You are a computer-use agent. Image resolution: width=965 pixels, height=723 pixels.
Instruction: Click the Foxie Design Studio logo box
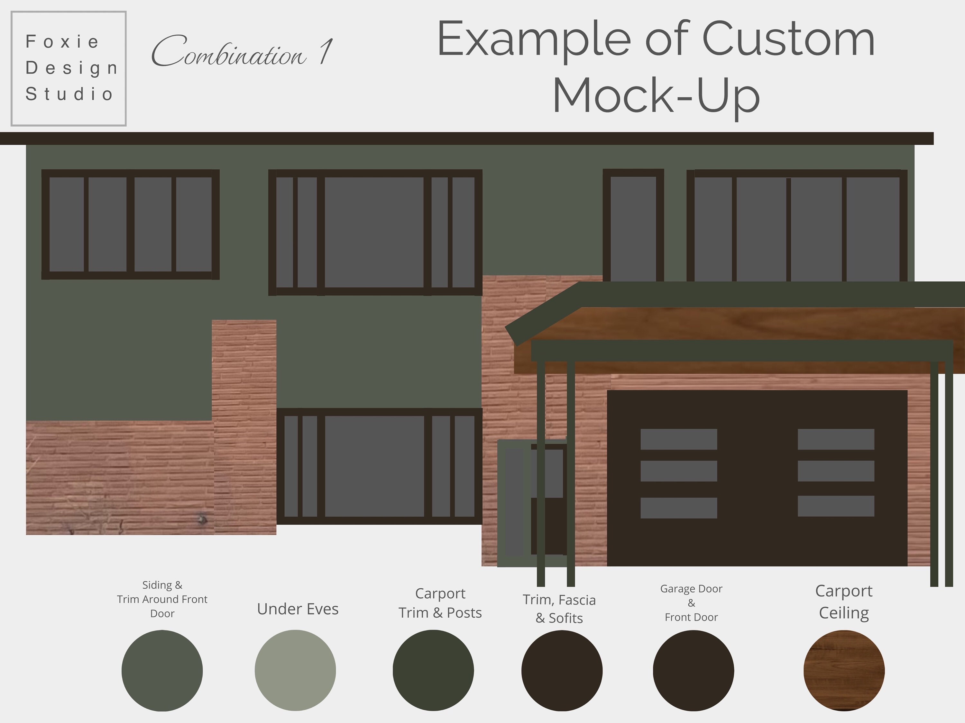coord(69,68)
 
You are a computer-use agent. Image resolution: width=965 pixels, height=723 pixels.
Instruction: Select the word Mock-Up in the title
coord(656,95)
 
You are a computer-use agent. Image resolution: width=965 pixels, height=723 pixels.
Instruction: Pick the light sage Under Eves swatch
coord(295,670)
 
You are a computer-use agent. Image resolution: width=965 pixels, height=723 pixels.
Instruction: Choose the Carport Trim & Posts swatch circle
coord(433,670)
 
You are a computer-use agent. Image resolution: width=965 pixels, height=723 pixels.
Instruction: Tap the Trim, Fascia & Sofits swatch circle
coord(562,670)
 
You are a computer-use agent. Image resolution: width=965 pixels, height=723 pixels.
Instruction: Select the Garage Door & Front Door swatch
coord(693,670)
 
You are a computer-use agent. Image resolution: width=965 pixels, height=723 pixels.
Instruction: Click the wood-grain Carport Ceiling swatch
coord(844,670)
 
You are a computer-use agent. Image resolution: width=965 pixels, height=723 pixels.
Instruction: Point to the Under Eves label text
coord(298,609)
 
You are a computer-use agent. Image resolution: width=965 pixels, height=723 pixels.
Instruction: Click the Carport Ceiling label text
coord(844,602)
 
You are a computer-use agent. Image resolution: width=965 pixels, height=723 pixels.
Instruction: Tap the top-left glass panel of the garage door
coord(678,439)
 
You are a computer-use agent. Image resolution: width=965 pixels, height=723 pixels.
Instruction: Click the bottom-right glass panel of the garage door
coord(836,506)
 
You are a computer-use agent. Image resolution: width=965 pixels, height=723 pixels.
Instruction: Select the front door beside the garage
coord(547,501)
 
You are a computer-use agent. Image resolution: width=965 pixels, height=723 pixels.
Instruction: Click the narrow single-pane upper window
coord(633,227)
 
